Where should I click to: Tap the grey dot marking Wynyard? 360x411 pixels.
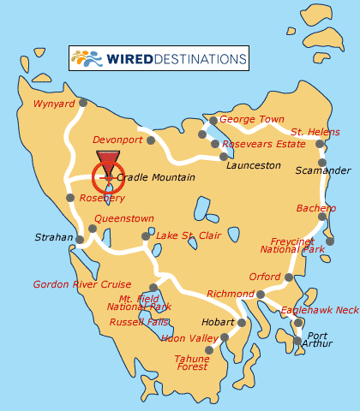pos(83,103)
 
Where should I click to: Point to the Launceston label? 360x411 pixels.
pos(253,165)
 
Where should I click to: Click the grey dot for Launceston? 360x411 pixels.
pos(224,156)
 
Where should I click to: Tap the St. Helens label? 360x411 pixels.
pos(315,132)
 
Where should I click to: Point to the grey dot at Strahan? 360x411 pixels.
pos(81,240)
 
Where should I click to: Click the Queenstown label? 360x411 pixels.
pos(124,218)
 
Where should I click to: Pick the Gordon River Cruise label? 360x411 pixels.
pos(82,284)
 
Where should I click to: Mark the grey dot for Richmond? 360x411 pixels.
pos(261,295)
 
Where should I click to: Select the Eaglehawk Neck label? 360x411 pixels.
pos(320,310)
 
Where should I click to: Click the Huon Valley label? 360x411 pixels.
pos(189,338)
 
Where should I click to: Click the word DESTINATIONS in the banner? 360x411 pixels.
pos(202,59)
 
